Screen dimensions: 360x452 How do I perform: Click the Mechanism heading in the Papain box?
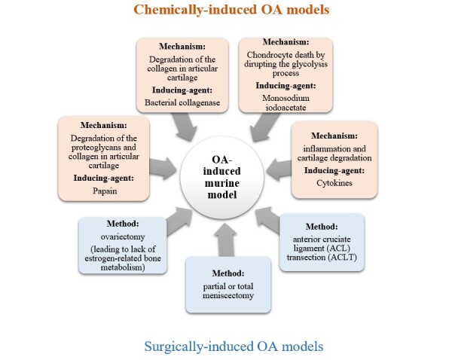tap(99, 124)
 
